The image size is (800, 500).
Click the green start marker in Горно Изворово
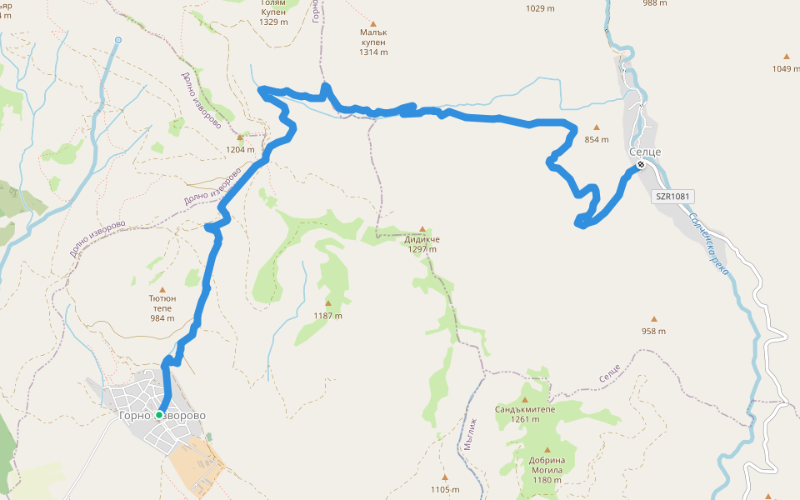pyautogui.click(x=159, y=414)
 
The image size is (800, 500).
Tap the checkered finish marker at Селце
pyautogui.click(x=640, y=165)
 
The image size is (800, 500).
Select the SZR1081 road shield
pyautogui.click(x=674, y=197)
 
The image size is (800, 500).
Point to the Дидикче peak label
pyautogui.click(x=422, y=239)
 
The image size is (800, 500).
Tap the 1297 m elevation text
pyautogui.click(x=422, y=249)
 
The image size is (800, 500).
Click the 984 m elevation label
pyautogui.click(x=162, y=317)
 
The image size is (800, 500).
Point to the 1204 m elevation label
pyautogui.click(x=240, y=150)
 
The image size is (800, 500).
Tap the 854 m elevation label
pyautogui.click(x=597, y=139)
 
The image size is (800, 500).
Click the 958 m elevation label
pyautogui.click(x=653, y=331)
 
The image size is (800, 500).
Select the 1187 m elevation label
pyautogui.click(x=327, y=316)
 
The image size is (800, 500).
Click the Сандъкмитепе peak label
pyautogui.click(x=524, y=409)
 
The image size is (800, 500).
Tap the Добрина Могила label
pyautogui.click(x=547, y=465)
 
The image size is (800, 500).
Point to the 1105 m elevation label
pyautogui.click(x=445, y=489)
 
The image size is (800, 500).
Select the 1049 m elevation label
pyautogui.click(x=786, y=68)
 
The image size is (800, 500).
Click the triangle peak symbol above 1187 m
pyautogui.click(x=327, y=303)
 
